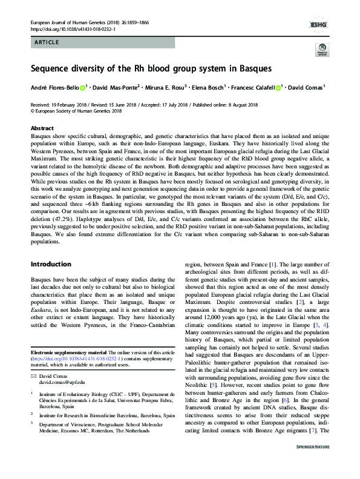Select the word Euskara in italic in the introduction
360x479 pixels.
click(42, 314)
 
